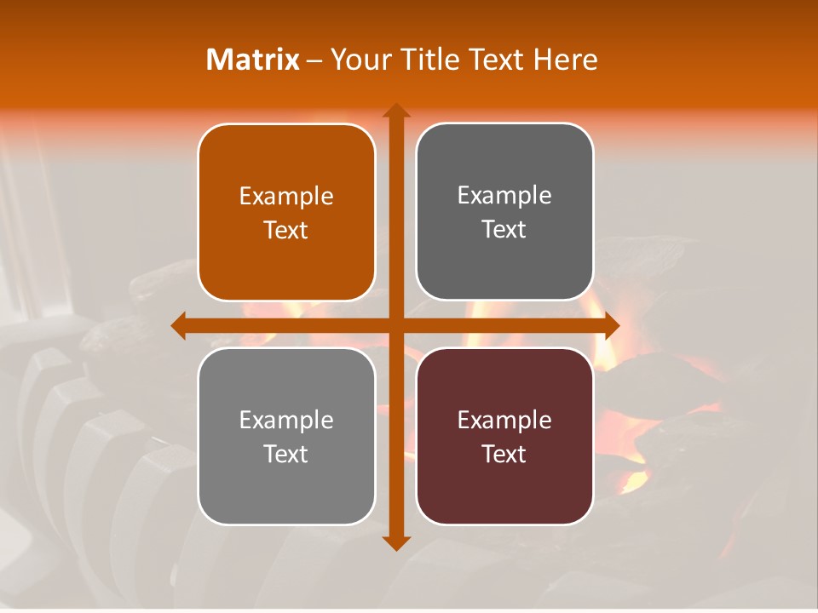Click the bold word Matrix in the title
(x=252, y=60)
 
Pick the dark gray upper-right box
(x=504, y=264)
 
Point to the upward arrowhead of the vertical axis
(x=395, y=111)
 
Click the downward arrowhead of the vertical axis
(x=395, y=542)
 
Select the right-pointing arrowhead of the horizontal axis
(x=611, y=326)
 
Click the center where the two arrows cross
(x=395, y=326)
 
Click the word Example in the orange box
(x=286, y=197)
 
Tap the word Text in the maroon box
(x=504, y=454)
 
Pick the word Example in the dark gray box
(x=504, y=196)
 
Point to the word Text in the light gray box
(x=286, y=454)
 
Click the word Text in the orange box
(x=286, y=230)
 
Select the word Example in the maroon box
(x=504, y=421)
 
